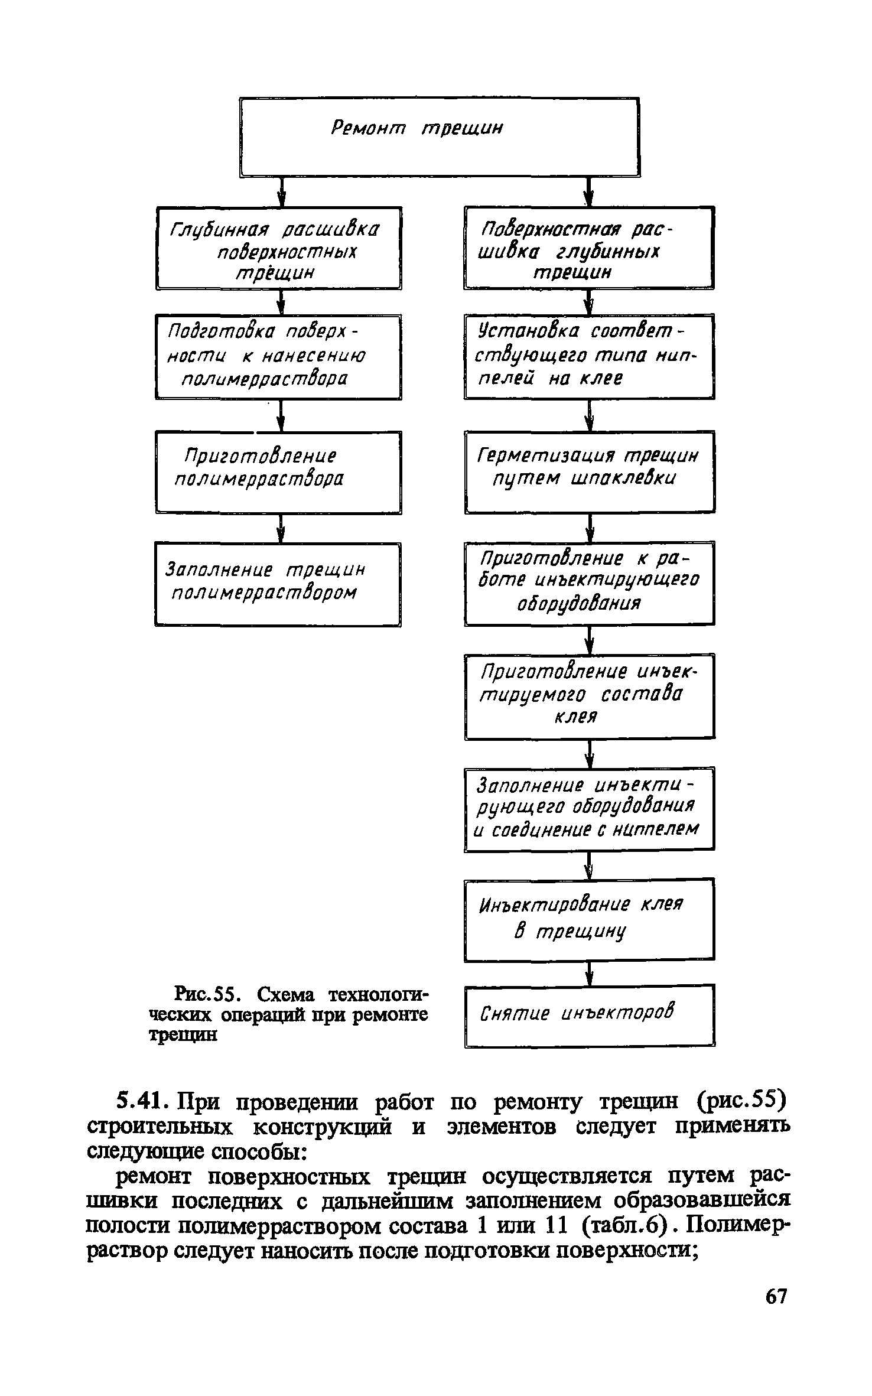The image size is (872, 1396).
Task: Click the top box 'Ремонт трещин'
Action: tap(440, 136)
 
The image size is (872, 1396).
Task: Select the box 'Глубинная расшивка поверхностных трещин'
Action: tap(278, 248)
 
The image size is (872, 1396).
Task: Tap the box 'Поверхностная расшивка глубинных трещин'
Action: tap(589, 248)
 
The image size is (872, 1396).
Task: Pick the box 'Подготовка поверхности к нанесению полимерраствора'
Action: tap(278, 357)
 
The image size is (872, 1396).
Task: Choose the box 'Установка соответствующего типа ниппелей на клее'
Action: tap(589, 357)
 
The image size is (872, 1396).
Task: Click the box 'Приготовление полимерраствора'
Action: tap(278, 472)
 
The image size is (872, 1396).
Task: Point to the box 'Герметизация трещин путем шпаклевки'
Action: tap(589, 472)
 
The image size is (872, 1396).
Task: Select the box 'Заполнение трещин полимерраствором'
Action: tap(278, 584)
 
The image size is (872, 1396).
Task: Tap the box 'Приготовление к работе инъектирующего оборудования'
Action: tap(589, 583)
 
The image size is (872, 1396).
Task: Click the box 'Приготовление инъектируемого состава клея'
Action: tap(589, 697)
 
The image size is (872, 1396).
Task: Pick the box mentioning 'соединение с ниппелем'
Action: tap(589, 809)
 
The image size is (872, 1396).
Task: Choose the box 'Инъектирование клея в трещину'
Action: tap(589, 920)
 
